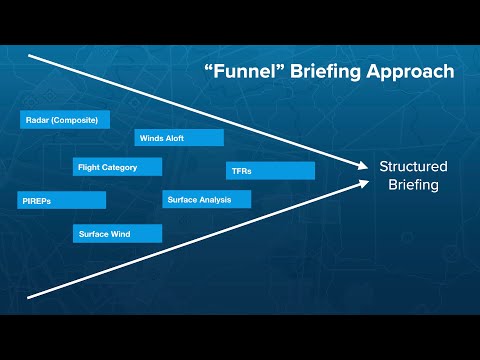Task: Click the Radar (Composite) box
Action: click(62, 120)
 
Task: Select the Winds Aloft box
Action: click(178, 138)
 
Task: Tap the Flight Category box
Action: click(117, 167)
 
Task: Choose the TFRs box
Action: click(270, 171)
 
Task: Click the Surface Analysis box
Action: click(206, 199)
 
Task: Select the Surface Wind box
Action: click(117, 233)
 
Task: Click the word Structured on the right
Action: click(413, 166)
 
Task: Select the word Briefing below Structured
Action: click(413, 185)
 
